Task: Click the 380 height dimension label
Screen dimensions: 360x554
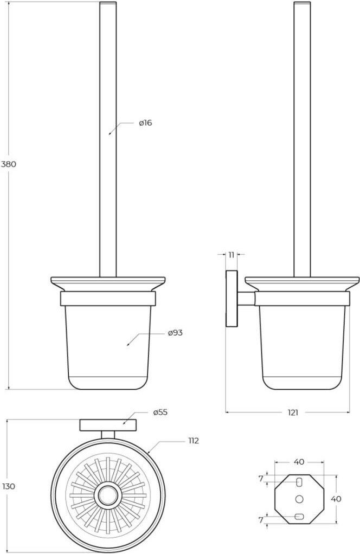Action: (9, 164)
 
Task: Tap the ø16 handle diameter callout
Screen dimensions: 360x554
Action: (145, 123)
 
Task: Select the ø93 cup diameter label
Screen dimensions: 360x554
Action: (175, 333)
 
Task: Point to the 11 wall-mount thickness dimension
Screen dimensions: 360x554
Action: (232, 255)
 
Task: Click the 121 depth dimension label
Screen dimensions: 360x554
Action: (293, 413)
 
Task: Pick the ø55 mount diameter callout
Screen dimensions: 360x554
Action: (160, 413)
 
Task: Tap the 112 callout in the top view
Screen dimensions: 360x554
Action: (193, 441)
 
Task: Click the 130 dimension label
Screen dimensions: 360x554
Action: (9, 486)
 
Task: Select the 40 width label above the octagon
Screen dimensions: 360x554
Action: (299, 462)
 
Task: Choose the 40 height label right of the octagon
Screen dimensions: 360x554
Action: (336, 499)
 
